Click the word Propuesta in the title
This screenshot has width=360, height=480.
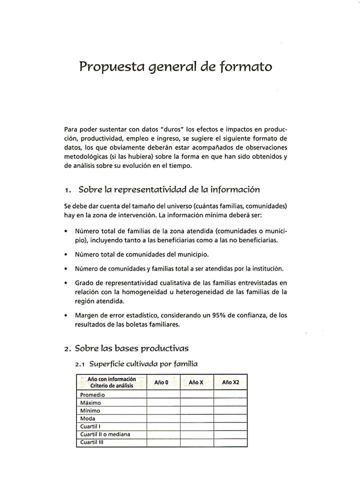tap(107, 67)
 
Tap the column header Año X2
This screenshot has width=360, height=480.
tap(230, 382)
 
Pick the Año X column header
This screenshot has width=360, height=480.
tap(196, 382)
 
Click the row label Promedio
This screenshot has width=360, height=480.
tap(92, 395)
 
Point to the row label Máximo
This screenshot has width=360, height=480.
tap(90, 403)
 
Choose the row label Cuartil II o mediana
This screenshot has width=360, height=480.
tap(105, 434)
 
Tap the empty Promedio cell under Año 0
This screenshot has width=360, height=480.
tap(163, 395)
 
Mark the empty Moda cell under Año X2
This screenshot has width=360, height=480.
tap(230, 419)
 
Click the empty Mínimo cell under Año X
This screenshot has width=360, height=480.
tap(196, 411)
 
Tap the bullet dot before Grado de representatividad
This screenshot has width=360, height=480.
tap(66, 283)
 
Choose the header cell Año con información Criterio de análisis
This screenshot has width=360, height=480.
tap(111, 382)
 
